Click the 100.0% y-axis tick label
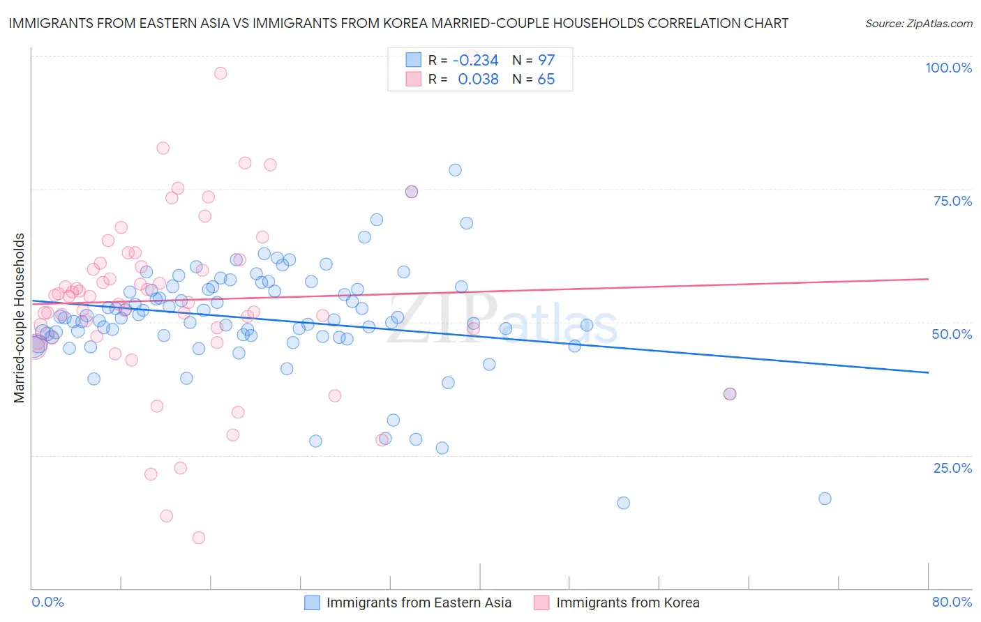(948, 68)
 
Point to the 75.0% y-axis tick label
(952, 201)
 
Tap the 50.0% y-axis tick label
(952, 334)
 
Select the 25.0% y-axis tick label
(952, 467)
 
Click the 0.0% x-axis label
(47, 602)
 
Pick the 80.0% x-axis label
(952, 602)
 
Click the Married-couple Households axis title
(20, 318)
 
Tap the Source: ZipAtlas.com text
(918, 23)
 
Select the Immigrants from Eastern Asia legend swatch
(312, 602)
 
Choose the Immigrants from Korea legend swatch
(541, 602)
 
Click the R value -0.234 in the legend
(475, 60)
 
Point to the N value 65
(546, 79)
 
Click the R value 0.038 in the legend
(478, 79)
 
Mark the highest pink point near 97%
(220, 73)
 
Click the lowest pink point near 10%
(199, 538)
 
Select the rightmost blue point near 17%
(825, 499)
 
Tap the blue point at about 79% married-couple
(455, 170)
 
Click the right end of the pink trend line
(928, 279)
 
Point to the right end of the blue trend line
(928, 372)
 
